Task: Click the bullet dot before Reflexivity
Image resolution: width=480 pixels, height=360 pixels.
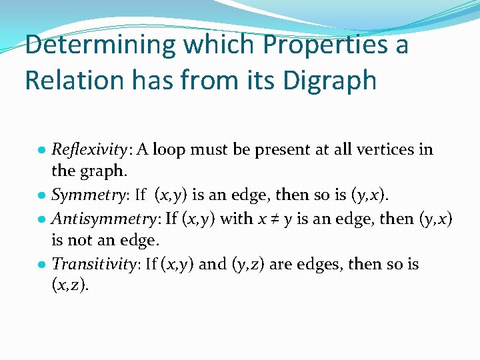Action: tap(43, 150)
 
